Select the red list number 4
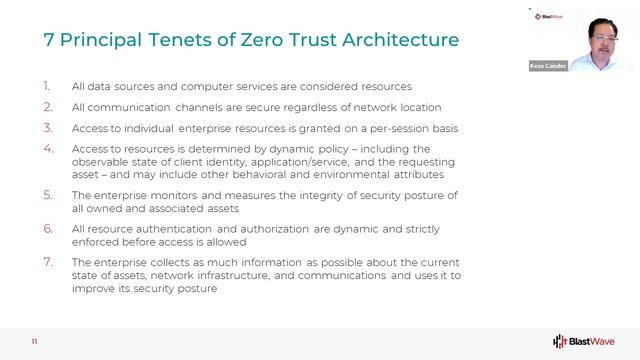[47, 149]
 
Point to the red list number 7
[47, 261]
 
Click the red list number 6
[47, 228]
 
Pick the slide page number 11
[34, 341]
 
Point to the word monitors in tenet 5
[168, 194]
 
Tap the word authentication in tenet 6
[166, 228]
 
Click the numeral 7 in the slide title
[48, 41]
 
